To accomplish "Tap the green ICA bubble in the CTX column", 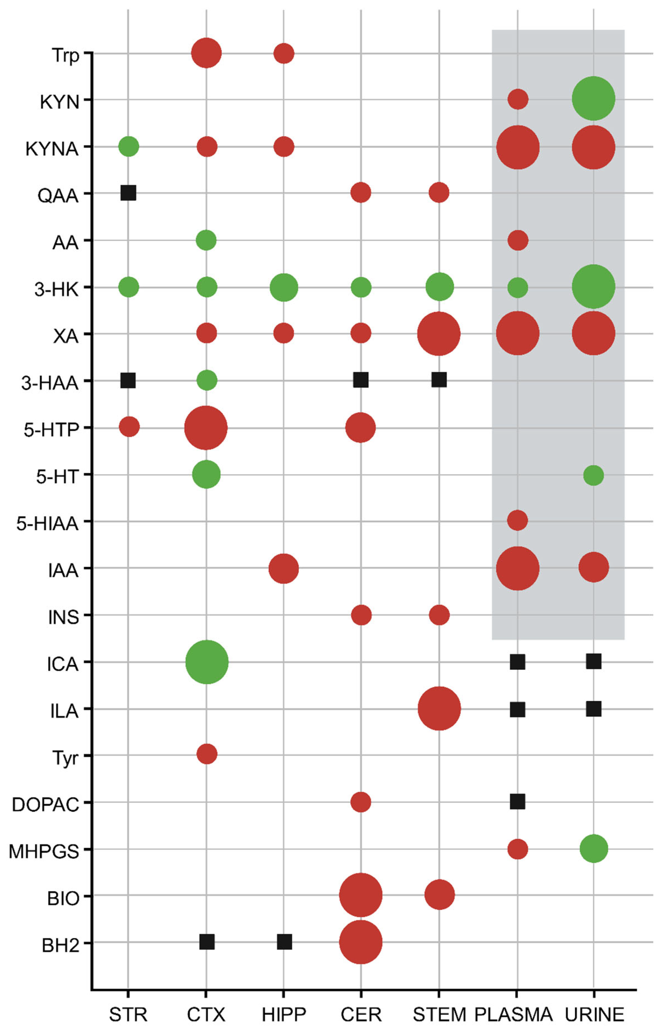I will pos(207,662).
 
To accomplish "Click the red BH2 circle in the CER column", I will pos(361,942).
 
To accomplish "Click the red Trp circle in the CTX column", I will pos(206,53).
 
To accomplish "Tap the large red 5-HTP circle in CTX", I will pos(206,428).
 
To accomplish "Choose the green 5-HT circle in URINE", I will pos(593,475).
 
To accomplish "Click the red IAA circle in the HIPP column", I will pos(284,568).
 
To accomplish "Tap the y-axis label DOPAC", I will pos(45,805).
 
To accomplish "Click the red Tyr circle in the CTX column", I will pos(207,754).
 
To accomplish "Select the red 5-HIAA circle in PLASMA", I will pos(518,520).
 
